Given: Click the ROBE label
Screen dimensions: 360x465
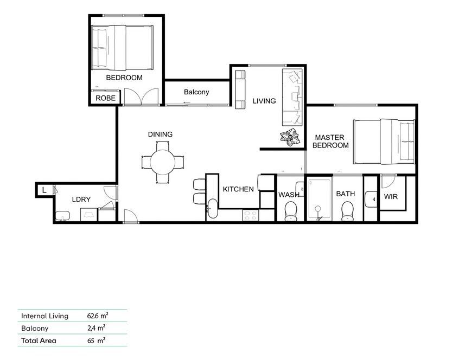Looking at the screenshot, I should click(x=105, y=99).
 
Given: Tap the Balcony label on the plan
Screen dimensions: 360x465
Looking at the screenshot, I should click(x=196, y=92).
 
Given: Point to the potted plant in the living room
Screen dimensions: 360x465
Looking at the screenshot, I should click(x=290, y=138).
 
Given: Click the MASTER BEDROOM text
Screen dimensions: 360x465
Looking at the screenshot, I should click(x=331, y=142).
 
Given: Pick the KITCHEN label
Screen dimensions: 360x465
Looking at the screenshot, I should click(x=238, y=189).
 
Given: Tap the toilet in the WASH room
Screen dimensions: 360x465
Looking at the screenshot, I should click(x=291, y=210).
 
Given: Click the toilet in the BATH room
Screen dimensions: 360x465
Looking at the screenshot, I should click(x=347, y=210).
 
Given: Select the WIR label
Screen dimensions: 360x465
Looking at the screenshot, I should click(x=391, y=196).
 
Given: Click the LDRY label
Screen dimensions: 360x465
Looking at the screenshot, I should click(x=81, y=200).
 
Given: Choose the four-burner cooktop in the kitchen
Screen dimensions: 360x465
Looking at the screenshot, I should click(x=251, y=215).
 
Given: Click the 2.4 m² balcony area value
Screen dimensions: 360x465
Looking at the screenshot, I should click(x=96, y=328).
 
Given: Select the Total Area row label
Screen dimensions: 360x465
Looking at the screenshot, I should click(x=39, y=341).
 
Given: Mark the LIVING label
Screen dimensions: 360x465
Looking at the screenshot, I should click(x=264, y=101).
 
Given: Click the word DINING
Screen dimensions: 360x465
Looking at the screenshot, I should click(x=160, y=134).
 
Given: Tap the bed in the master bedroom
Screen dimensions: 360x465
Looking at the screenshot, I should click(x=384, y=142).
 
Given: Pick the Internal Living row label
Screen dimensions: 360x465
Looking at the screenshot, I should click(x=44, y=316).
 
